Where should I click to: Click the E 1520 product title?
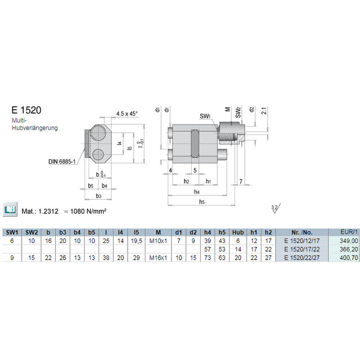[27, 110]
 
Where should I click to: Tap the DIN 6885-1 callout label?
[62, 162]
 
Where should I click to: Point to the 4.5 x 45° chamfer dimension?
[127, 114]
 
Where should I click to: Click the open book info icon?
[10, 209]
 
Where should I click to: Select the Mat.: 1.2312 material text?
[40, 211]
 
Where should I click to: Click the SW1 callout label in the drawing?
[205, 116]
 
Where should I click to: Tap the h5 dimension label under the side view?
[202, 202]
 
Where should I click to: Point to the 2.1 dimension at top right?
[264, 111]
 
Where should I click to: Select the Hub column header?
[238, 233]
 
